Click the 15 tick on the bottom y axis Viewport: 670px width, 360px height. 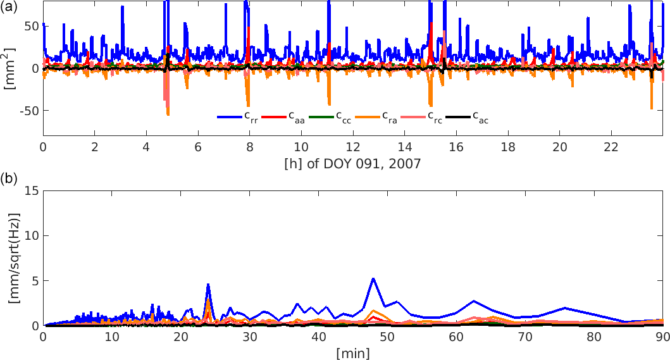tap(29, 190)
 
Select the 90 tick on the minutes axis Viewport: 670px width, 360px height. tap(662, 337)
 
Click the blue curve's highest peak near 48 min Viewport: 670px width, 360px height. tap(373, 278)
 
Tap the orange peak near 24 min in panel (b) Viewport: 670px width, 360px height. tap(208, 299)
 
